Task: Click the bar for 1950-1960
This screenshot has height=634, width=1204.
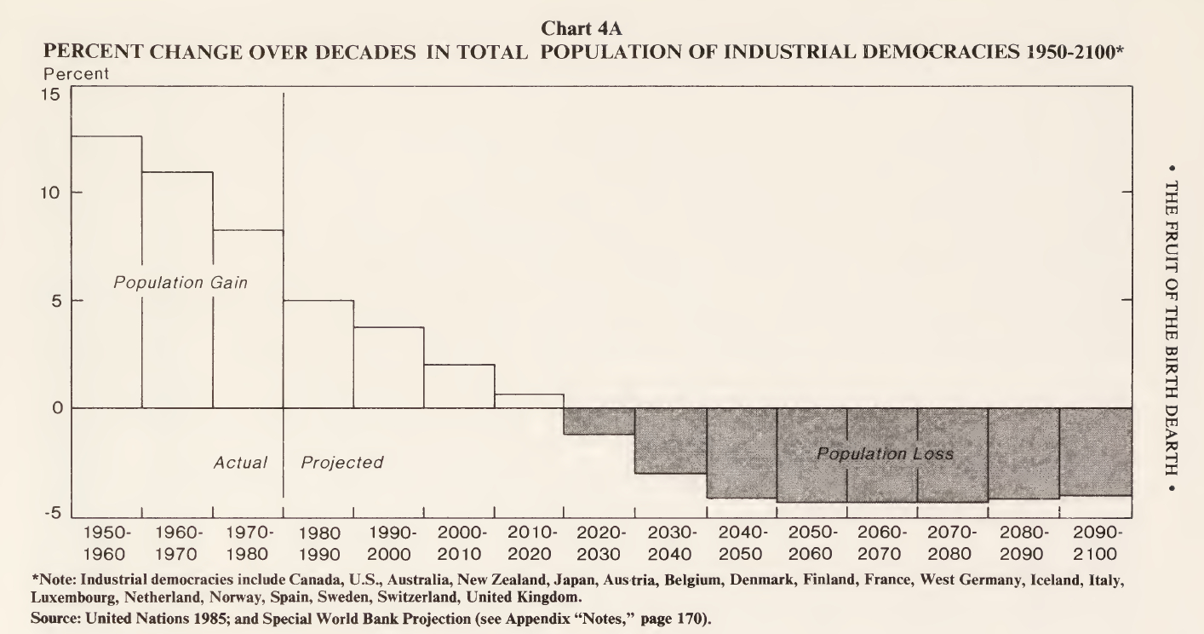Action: point(106,272)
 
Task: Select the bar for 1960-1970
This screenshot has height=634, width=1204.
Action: point(177,290)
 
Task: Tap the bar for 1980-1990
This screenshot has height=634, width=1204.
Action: point(318,354)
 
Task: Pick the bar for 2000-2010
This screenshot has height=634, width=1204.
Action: point(459,386)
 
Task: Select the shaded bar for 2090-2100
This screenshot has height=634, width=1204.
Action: point(1094,451)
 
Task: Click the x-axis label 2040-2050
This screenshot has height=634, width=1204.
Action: point(741,543)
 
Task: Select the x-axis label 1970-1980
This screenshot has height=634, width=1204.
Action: point(248,543)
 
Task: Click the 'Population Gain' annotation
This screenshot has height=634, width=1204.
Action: point(181,283)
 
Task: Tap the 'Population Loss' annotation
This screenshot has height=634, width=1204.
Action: point(885,454)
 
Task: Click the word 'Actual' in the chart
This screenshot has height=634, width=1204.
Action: point(240,463)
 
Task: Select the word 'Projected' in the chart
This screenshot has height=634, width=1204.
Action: point(342,463)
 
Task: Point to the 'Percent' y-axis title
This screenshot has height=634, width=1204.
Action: point(76,74)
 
